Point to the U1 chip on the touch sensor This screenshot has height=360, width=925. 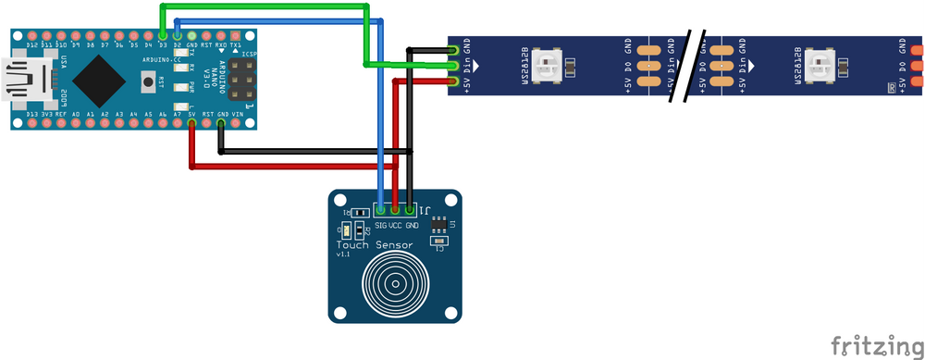click(x=440, y=225)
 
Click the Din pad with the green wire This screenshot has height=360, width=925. click(x=453, y=65)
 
